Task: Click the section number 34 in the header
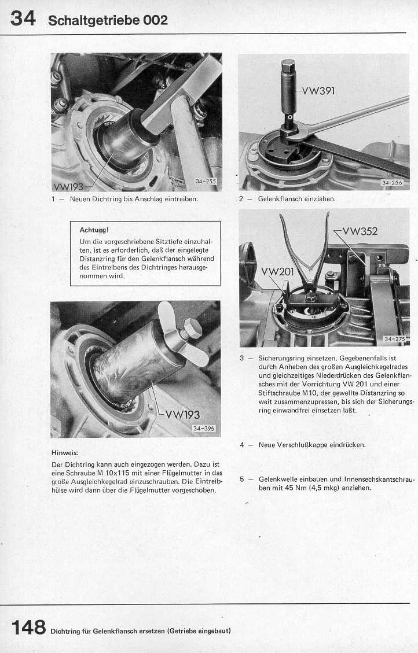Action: tap(23, 19)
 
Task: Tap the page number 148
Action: tap(28, 627)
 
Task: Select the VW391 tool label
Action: tap(318, 91)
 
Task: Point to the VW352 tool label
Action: tap(360, 231)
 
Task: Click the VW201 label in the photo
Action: tap(278, 271)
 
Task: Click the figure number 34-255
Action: tap(206, 182)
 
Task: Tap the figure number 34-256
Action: tap(392, 183)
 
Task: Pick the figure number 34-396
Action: tap(204, 428)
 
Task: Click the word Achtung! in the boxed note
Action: tap(94, 230)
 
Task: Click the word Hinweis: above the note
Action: tap(64, 453)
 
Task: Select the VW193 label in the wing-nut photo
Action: tap(182, 414)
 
